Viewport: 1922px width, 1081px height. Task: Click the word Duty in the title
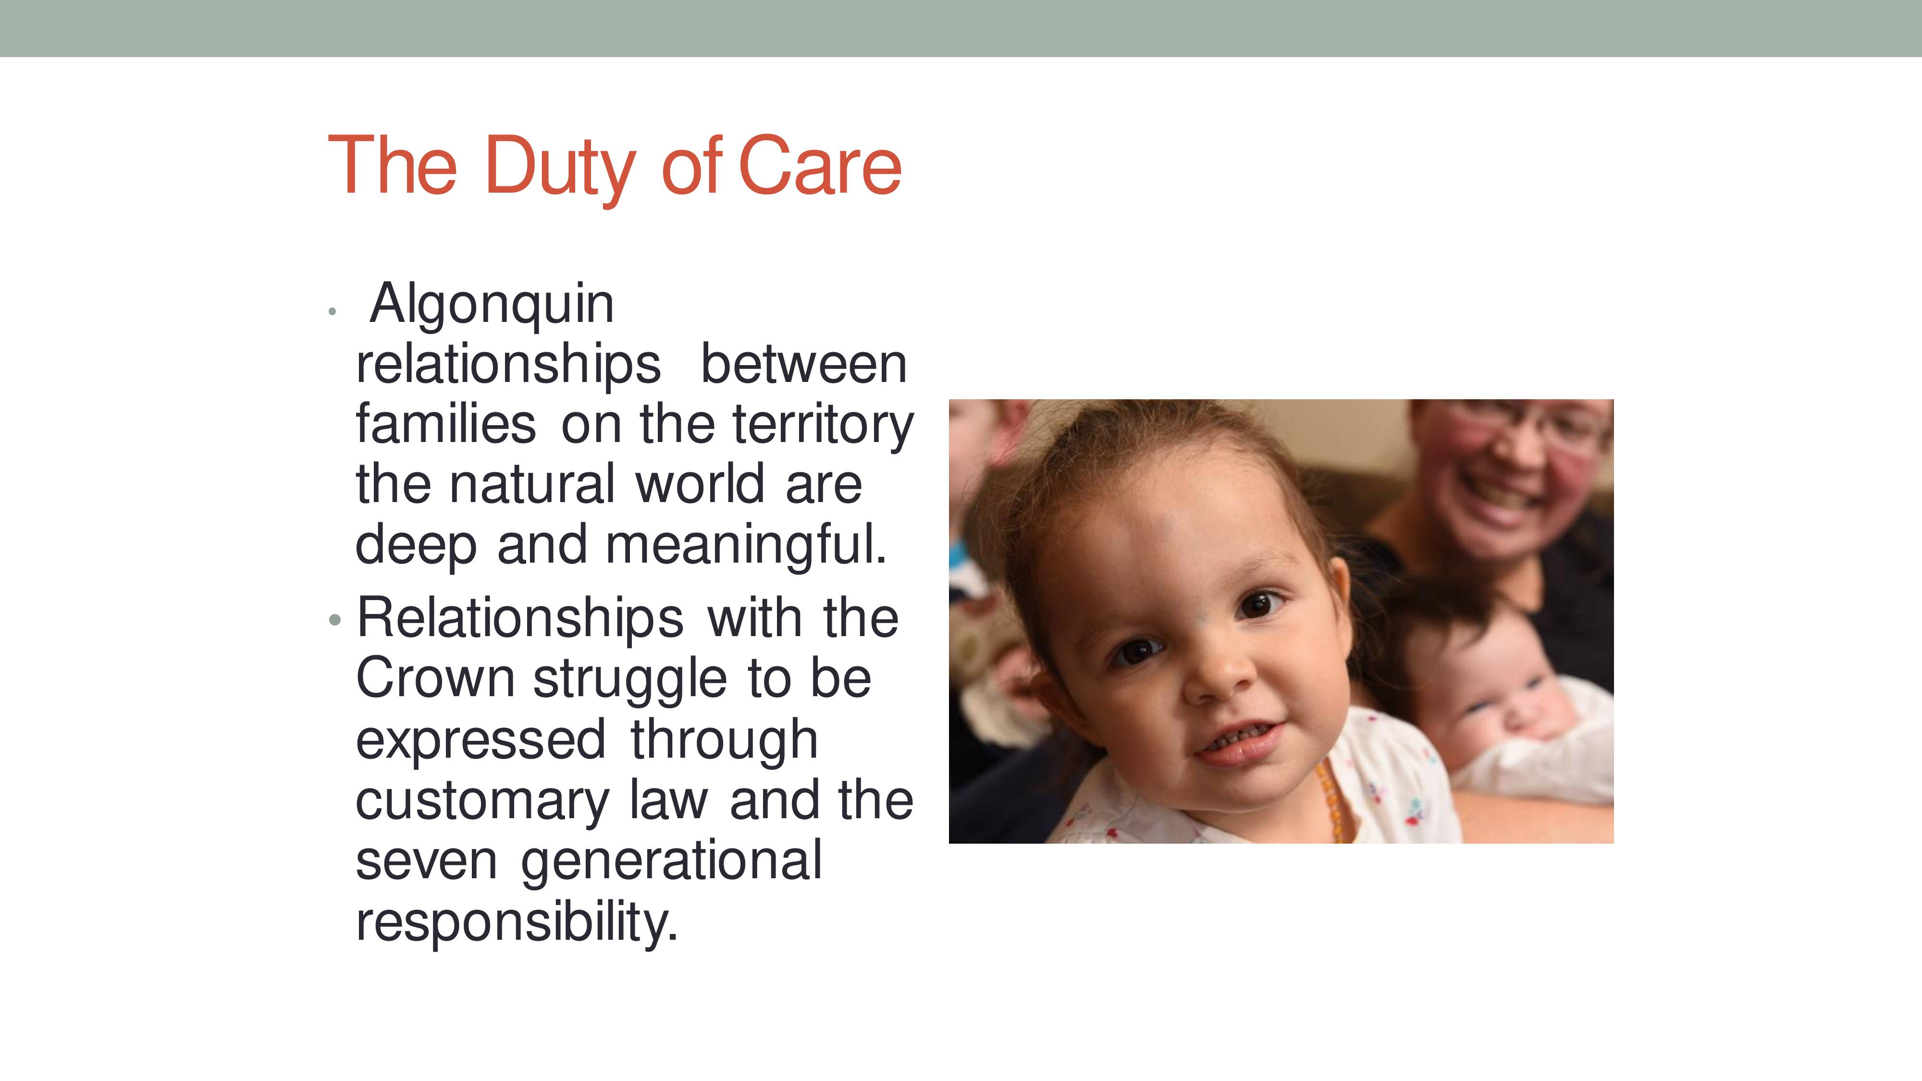point(560,167)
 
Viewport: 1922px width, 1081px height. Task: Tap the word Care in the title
point(820,166)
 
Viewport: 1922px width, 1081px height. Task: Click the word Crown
point(435,679)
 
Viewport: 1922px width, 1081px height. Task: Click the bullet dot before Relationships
point(335,620)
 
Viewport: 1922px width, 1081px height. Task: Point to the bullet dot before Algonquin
point(333,312)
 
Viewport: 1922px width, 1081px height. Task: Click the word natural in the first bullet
point(533,485)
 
